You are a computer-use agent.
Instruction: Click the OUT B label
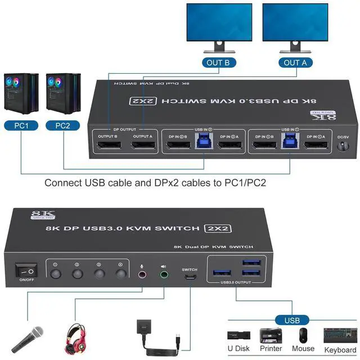pos(218,62)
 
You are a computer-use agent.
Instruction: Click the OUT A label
pos(295,62)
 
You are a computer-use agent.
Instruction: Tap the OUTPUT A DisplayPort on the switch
pos(143,147)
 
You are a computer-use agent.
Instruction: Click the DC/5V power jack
pos(342,147)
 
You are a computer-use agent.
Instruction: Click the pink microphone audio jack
pos(142,275)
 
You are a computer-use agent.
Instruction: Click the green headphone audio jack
pos(164,275)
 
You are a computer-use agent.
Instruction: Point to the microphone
pos(29,338)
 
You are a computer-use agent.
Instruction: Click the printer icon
pos(271,335)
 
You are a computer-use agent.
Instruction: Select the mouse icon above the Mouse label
pos(304,335)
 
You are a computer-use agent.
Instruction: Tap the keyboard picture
pos(340,336)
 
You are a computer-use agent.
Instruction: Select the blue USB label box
pos(292,321)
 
